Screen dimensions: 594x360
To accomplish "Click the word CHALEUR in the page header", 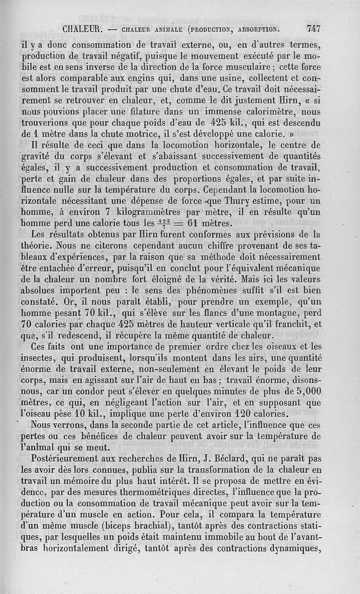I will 84,30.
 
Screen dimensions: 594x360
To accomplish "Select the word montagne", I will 283,312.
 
